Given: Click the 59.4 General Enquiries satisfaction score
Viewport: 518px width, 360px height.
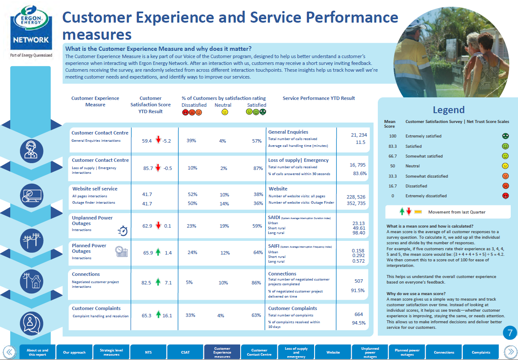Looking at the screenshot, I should tap(147, 141).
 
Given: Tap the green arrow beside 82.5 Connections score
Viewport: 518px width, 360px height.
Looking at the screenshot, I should tap(158, 282).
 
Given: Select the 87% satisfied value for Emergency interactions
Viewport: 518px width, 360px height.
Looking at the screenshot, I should tap(258, 168).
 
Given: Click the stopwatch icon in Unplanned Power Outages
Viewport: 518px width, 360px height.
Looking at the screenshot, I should tap(123, 231).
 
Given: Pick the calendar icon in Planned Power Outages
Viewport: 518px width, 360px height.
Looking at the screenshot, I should tap(122, 252).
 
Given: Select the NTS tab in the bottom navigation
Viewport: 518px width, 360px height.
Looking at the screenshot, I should tap(148, 352).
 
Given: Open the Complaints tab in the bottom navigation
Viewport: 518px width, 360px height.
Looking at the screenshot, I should tap(481, 352).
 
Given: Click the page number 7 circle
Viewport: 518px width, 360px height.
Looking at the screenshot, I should tap(509, 333).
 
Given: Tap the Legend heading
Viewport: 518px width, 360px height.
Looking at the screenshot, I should tap(448, 110).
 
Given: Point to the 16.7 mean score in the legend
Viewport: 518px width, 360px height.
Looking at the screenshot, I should tap(389, 186).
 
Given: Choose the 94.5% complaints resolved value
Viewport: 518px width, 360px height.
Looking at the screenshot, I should tap(358, 323).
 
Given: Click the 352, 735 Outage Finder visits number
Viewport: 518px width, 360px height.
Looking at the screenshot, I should tap(356, 203).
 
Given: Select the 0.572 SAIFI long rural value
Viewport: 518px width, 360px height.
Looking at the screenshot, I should tap(358, 261).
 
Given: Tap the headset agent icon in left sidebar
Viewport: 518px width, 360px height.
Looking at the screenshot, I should tap(32, 151).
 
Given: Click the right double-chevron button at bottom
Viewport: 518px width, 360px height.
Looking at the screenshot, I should tap(510, 352).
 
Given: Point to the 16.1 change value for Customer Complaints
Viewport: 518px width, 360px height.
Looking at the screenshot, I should tap(167, 316).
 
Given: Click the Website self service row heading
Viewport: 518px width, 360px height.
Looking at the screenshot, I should tap(95, 189).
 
